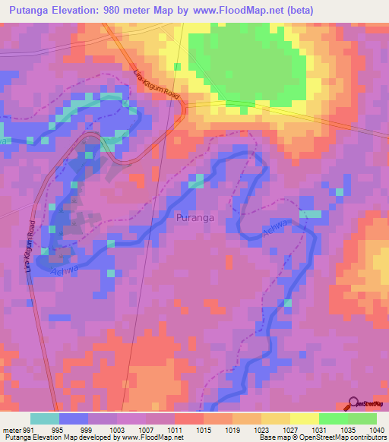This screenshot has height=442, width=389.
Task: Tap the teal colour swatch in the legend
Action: [45, 418]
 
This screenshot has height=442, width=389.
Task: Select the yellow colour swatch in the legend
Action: [304, 418]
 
